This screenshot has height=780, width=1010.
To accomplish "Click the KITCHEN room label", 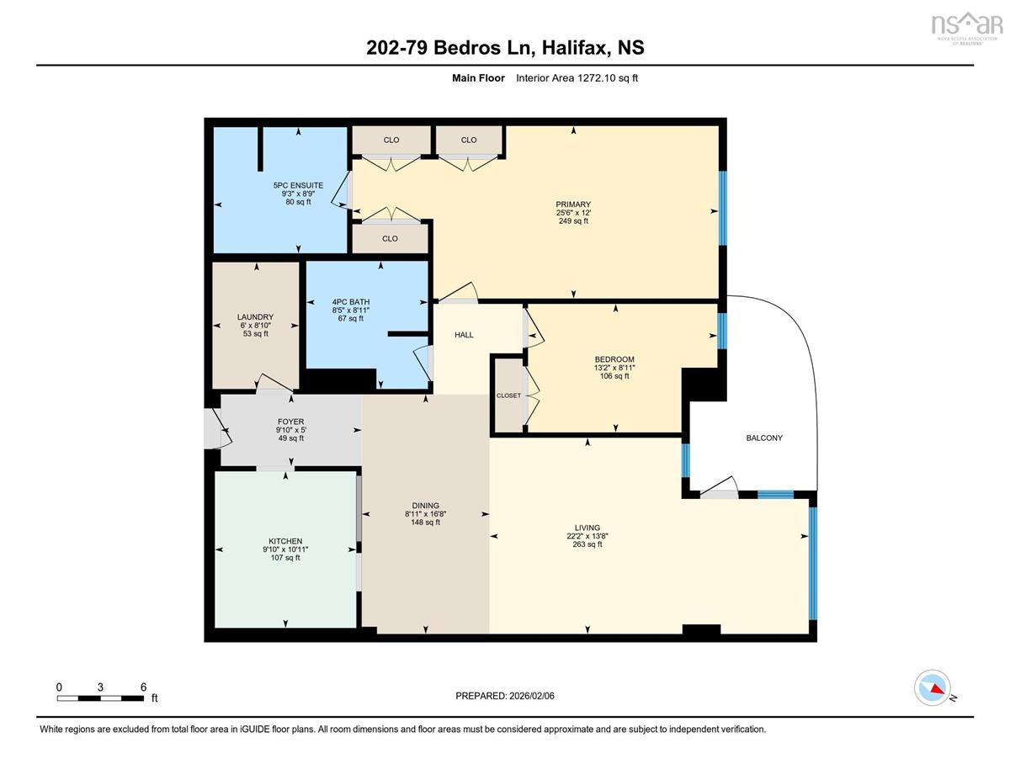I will (x=285, y=541).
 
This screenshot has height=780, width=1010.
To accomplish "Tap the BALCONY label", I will (x=763, y=438).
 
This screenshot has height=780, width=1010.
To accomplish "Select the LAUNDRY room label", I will (x=255, y=317).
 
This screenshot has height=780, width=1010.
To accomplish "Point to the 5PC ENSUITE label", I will (x=298, y=185).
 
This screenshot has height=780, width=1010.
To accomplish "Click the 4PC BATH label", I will (x=350, y=302).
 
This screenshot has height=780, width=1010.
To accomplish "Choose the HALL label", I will (x=464, y=335).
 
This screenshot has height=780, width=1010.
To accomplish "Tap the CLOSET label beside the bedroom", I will (x=508, y=395).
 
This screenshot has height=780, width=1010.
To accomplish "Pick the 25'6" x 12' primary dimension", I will (x=572, y=212).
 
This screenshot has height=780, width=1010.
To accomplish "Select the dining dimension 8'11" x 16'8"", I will (x=425, y=514).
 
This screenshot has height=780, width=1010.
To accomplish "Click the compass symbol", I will (x=932, y=687).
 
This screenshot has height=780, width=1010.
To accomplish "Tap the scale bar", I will (x=101, y=698).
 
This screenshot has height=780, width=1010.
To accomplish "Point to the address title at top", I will (x=505, y=48).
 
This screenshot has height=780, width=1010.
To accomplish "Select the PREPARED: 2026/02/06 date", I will (x=506, y=696).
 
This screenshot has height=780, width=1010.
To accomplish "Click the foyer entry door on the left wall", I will (x=215, y=428).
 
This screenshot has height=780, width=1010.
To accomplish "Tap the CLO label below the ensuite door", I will (x=390, y=239).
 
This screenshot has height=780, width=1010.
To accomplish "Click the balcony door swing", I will (x=720, y=488).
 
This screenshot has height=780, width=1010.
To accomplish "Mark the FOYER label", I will (x=290, y=422).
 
